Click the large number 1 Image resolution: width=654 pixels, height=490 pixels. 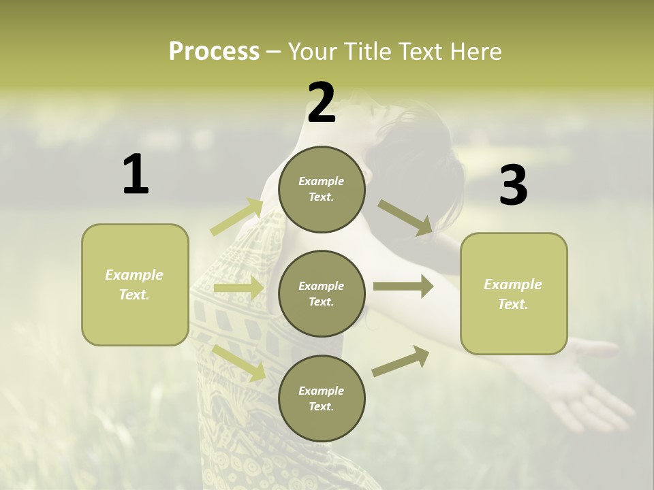136,174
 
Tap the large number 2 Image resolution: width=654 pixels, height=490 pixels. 322,103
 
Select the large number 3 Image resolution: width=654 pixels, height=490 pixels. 513,185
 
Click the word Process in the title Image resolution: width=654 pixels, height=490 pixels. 214,51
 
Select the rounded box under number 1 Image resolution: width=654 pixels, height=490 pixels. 135,284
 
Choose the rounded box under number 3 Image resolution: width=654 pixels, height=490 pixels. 514,293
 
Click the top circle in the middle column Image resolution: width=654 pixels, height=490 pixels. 322,189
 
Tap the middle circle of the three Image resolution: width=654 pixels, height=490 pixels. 322,293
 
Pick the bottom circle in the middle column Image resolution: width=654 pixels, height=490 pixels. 322,398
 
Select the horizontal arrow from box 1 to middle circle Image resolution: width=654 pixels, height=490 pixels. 238,288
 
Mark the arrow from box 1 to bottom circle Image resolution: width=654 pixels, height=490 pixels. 239,362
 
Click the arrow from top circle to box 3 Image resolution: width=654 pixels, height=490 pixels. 405,218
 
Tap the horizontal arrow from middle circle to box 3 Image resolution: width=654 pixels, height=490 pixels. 403,287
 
